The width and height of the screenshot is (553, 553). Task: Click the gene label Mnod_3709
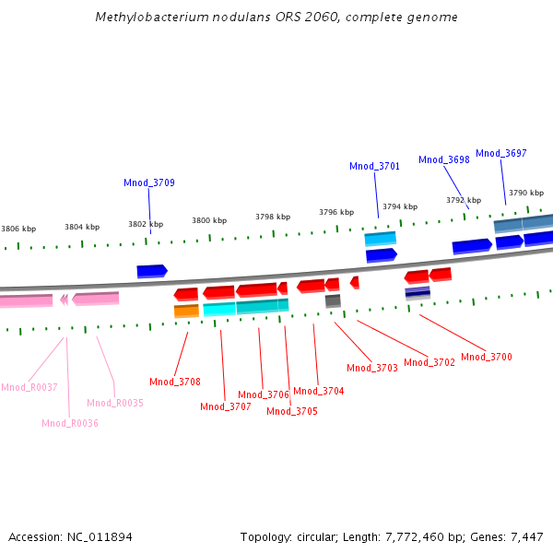coord(149,182)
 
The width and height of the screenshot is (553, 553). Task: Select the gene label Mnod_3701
coord(374,166)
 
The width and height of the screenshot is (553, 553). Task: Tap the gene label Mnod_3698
coord(444,159)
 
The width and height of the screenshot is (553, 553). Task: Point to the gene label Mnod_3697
coord(501,153)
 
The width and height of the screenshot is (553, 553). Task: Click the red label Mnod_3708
coord(175,382)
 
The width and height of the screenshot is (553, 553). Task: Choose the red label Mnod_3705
coord(292,411)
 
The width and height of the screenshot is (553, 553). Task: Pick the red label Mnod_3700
coord(487,357)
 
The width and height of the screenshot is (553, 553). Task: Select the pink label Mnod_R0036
coord(70,423)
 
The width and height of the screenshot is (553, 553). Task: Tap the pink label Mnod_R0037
coord(29,387)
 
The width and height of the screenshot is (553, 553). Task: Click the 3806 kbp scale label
coord(18,229)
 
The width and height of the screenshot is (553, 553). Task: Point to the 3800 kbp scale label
coord(209,220)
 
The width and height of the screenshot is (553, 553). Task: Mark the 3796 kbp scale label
coord(336,212)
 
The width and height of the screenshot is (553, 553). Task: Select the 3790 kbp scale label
coord(526,193)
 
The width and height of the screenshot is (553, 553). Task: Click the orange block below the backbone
coord(186,312)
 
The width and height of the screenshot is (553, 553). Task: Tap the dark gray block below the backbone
coord(333,300)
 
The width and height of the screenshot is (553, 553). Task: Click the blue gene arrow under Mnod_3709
coord(152,271)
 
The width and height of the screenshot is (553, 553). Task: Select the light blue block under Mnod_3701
coord(380,239)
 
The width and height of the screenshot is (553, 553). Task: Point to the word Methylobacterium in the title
coord(143,18)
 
